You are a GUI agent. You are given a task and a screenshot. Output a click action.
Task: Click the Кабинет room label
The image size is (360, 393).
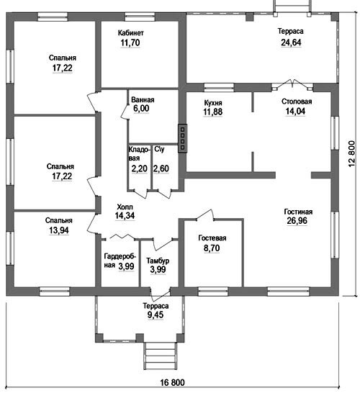(x=130, y=33)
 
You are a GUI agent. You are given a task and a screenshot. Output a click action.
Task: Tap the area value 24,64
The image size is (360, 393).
(x=291, y=42)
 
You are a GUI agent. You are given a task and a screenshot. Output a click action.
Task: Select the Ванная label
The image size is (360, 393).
(x=143, y=100)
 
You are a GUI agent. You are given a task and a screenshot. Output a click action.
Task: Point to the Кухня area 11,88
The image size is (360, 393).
(x=212, y=112)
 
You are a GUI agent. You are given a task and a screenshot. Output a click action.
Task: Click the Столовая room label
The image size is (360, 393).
(x=297, y=101)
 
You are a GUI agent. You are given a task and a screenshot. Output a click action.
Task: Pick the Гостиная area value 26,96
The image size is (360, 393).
(x=297, y=221)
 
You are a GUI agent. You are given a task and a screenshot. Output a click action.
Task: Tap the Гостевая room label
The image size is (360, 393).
(x=212, y=238)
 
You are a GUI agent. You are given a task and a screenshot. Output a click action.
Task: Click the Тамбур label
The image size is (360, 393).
(x=158, y=261)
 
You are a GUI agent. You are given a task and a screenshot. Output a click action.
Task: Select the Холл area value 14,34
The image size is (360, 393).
(x=125, y=215)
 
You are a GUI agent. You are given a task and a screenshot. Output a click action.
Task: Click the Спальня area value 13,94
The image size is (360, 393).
(x=58, y=230)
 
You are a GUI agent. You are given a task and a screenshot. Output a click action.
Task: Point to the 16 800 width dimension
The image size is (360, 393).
(x=172, y=382)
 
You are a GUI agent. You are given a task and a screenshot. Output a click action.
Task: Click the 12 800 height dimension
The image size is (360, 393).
(x=351, y=153)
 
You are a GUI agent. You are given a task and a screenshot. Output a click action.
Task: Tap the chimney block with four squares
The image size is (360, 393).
(x=182, y=138)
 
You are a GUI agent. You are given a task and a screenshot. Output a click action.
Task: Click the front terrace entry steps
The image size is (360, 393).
(x=160, y=356)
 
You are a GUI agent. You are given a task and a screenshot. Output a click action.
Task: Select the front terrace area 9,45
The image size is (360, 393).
(x=156, y=315)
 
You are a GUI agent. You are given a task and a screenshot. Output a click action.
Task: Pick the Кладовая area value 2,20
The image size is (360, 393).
(x=139, y=168)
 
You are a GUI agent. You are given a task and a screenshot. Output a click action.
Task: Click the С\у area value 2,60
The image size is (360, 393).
(x=161, y=168)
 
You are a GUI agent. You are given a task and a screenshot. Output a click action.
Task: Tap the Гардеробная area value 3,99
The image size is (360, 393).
(x=126, y=266)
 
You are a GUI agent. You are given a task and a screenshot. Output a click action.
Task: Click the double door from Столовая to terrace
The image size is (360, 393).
(x=292, y=85)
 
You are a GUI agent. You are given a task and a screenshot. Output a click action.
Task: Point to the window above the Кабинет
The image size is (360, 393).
(x=140, y=17)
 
